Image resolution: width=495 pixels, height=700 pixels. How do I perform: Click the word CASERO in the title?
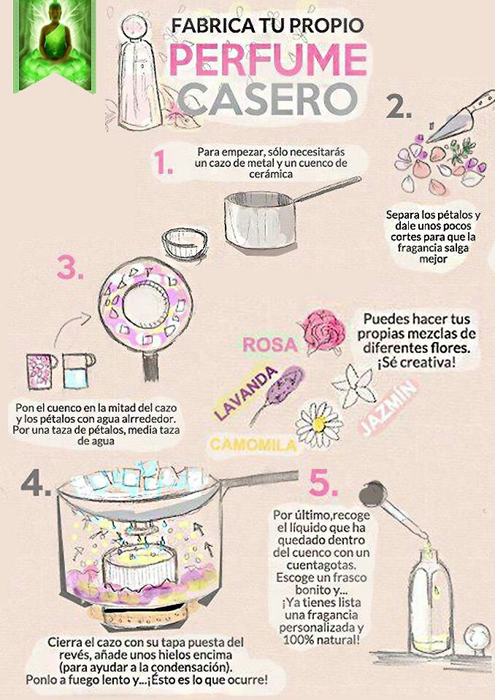coord(267,99)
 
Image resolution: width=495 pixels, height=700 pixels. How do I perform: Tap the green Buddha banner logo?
coord(55,45)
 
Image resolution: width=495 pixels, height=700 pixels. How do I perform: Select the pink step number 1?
coord(163,162)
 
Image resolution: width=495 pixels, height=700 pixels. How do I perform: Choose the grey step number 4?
coord(36,483)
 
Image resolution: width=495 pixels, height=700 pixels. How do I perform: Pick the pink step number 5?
coord(323,483)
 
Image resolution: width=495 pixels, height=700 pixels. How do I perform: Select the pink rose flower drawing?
coord(323,331)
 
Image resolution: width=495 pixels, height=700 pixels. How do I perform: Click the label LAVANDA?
coord(245,393)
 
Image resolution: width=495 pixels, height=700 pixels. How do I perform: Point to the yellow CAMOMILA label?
coord(253,445)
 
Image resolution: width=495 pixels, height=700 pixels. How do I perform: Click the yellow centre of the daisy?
coord(319,424)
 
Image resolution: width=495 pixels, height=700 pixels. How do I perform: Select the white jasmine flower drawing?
coord(355,386)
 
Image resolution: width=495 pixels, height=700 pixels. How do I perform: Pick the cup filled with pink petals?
coord(41,371)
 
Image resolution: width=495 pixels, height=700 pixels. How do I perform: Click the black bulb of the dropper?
coord(373,493)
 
